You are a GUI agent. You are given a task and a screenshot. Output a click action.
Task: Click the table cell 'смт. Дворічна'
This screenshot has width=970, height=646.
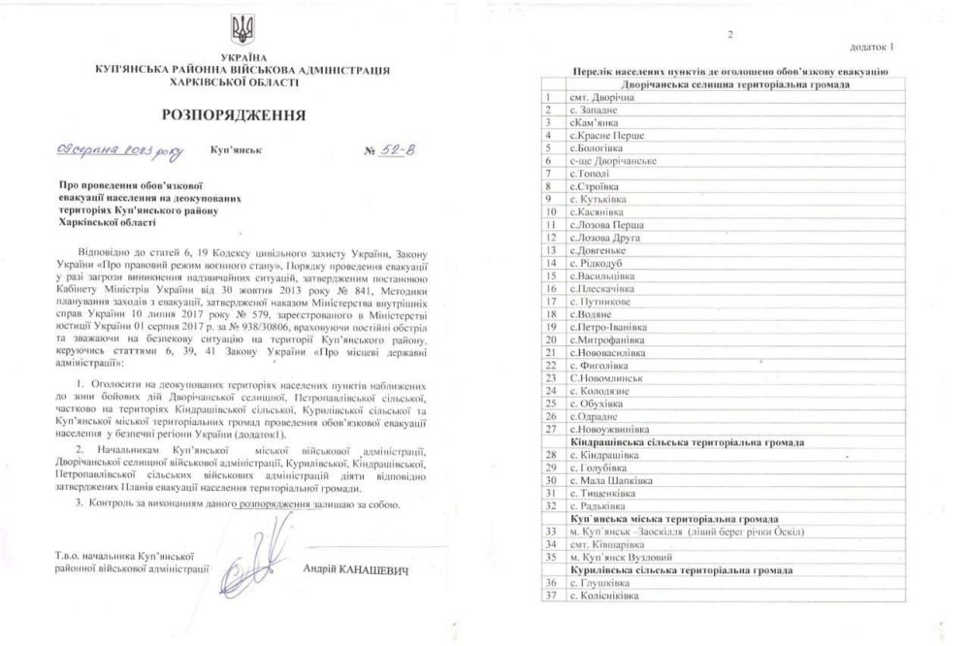point(603,98)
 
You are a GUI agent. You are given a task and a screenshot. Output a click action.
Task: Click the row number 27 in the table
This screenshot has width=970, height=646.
point(550,428)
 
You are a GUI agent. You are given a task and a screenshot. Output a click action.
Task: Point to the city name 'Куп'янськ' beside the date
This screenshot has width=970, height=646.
point(235,152)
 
